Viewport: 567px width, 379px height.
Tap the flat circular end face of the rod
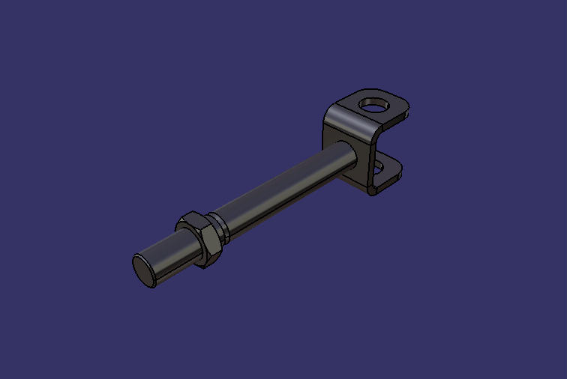click(x=144, y=270)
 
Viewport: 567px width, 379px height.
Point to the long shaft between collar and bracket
click(x=285, y=188)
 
